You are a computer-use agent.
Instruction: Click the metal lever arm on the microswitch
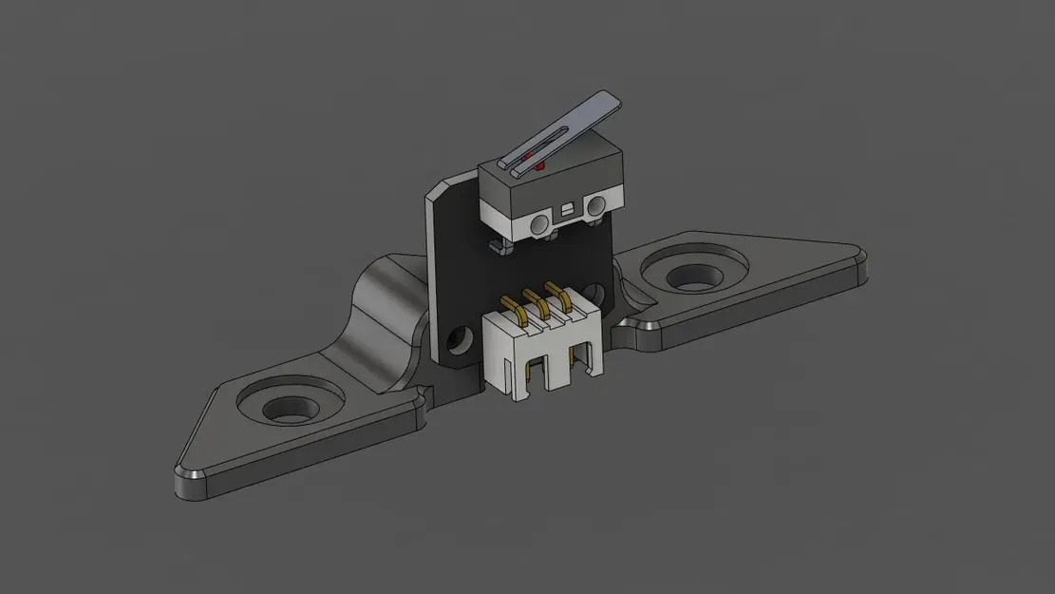point(570,124)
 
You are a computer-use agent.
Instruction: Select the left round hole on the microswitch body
point(540,224)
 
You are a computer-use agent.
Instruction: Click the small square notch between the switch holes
point(567,207)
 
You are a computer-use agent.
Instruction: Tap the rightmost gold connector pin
point(567,296)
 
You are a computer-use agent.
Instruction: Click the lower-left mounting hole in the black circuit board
point(463,338)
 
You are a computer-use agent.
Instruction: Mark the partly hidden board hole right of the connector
point(594,291)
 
